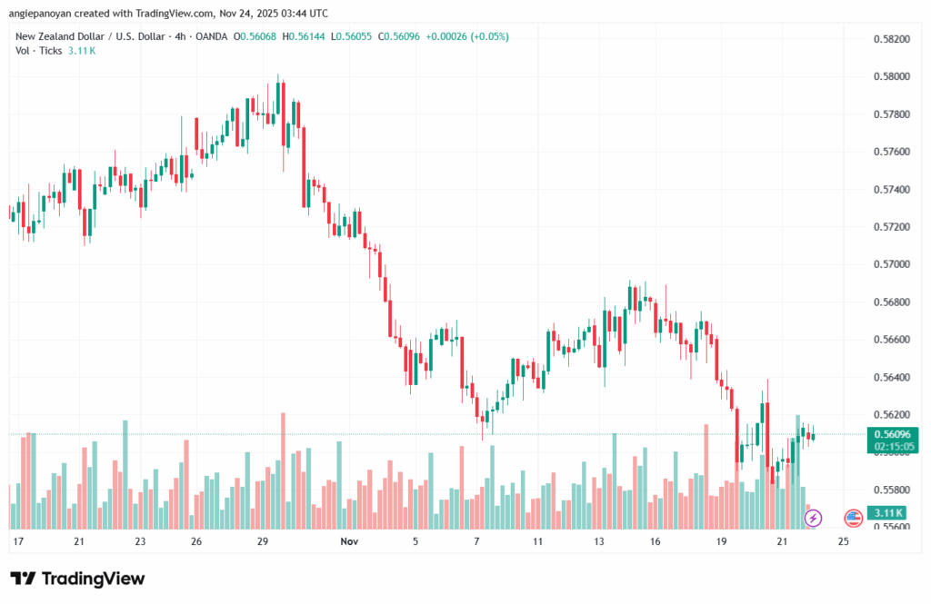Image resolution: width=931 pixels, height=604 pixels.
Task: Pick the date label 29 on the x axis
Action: pyautogui.click(x=263, y=541)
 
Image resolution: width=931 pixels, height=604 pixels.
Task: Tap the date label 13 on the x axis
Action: pyautogui.click(x=599, y=541)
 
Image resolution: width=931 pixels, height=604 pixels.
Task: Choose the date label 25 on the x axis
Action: pyautogui.click(x=843, y=541)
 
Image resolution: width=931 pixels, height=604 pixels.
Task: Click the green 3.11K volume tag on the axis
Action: pyautogui.click(x=883, y=514)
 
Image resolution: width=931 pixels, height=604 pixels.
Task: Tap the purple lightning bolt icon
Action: pyautogui.click(x=814, y=518)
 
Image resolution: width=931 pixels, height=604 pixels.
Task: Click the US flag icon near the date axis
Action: pyautogui.click(x=853, y=518)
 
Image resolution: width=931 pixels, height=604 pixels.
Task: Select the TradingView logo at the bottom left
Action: pyautogui.click(x=77, y=579)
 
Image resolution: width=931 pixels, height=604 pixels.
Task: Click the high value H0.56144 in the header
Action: pyautogui.click(x=308, y=36)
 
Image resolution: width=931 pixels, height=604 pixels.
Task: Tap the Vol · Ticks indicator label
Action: pyautogui.click(x=38, y=51)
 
